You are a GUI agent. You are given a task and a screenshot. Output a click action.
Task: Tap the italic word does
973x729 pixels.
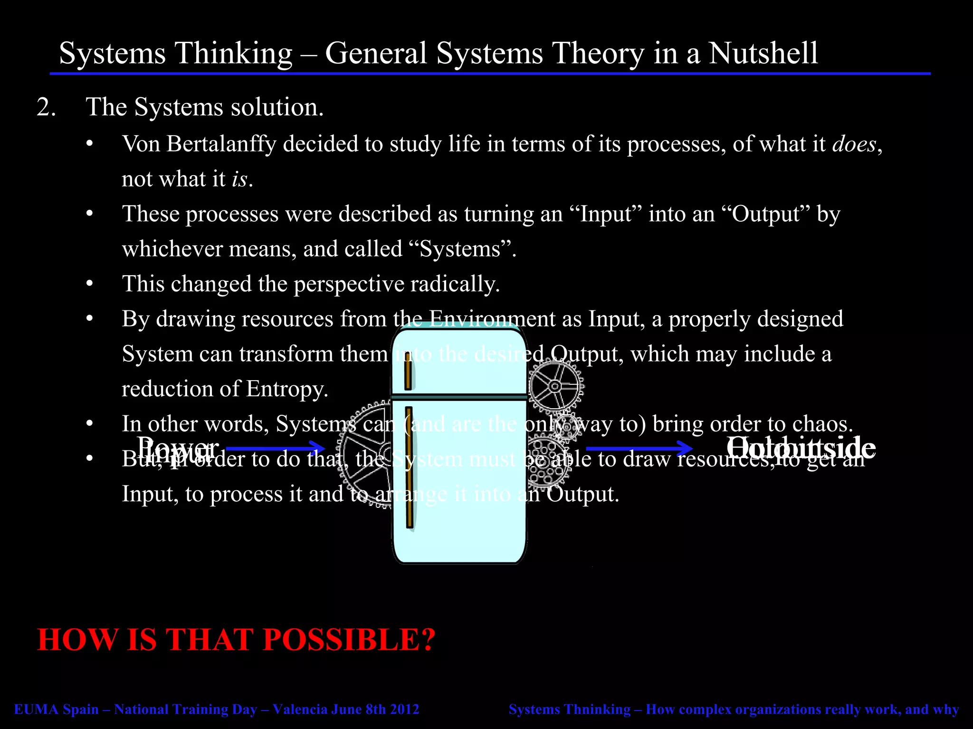pyautogui.click(x=854, y=144)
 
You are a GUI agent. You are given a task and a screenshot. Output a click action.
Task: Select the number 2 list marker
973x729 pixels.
pyautogui.click(x=46, y=107)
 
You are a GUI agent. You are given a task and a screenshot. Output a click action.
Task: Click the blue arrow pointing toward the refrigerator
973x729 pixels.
pyautogui.click(x=275, y=448)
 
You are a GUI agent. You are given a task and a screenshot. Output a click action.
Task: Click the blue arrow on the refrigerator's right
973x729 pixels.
pyautogui.click(x=639, y=448)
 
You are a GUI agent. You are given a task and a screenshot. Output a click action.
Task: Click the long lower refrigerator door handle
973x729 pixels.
pyautogui.click(x=409, y=467)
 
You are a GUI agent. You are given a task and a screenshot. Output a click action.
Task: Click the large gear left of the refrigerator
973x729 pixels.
pyautogui.click(x=363, y=456)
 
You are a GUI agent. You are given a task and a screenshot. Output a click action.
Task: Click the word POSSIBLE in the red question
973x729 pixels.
pyautogui.click(x=348, y=640)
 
